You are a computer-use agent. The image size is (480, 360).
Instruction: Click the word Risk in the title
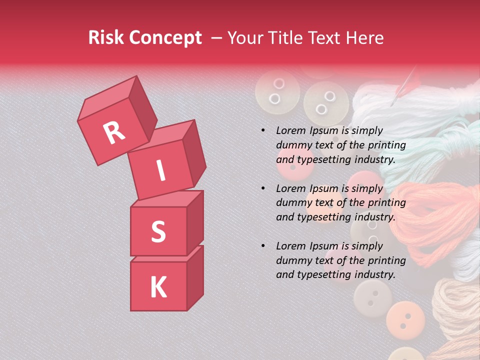106,38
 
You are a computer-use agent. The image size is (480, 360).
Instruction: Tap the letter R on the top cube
114,132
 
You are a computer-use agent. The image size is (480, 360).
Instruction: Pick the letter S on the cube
158,232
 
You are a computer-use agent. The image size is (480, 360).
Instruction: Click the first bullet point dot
263,130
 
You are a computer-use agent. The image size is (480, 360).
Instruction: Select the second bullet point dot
263,188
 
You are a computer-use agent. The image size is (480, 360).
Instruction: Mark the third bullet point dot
263,246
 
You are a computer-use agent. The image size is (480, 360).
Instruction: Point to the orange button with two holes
405,317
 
